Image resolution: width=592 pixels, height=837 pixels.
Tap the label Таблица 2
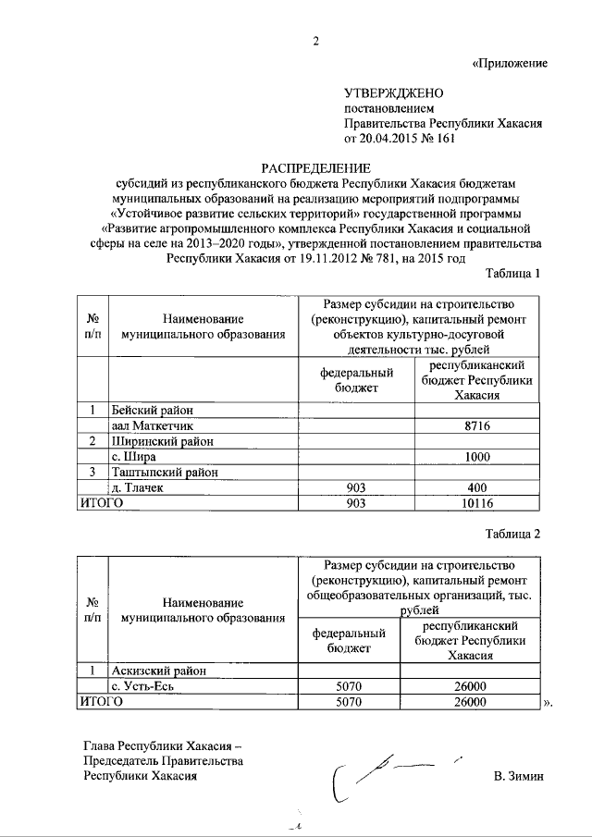click(512, 535)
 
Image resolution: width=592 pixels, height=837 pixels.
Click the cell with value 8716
click(476, 426)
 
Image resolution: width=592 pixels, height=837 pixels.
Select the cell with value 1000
click(476, 457)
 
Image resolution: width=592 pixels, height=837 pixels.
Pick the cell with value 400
click(476, 487)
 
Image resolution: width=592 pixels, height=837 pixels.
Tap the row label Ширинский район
click(160, 442)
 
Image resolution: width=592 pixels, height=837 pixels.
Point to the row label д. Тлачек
click(138, 487)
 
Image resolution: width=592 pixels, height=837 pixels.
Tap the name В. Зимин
click(519, 776)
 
